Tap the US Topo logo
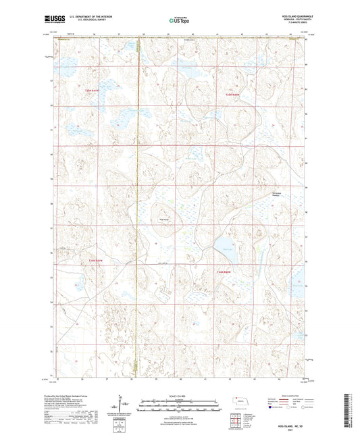tap(178, 21)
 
